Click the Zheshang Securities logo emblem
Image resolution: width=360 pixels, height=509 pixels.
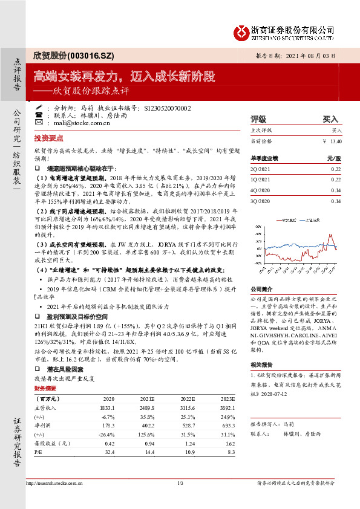tap(243, 30)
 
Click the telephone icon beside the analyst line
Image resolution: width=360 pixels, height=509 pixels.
tap(39, 107)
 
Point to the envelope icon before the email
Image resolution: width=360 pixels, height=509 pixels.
tap(39, 122)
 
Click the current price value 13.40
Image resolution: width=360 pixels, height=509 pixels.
tap(336, 141)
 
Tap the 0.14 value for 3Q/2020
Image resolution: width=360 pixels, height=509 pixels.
tap(336, 201)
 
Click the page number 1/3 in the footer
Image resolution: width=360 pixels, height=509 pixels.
tap(180, 482)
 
